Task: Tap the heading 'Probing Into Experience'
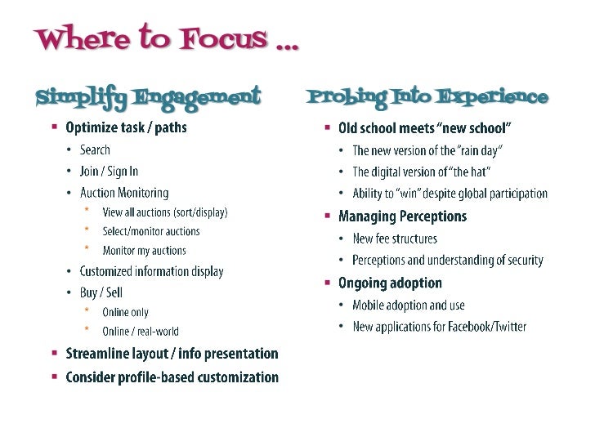[x=427, y=97]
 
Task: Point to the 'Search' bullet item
[x=95, y=149]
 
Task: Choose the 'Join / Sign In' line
[x=109, y=172]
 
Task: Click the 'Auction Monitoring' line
[x=124, y=194]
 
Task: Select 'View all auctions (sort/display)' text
[x=165, y=212]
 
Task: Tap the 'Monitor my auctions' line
[x=144, y=251]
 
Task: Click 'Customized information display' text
[x=151, y=271]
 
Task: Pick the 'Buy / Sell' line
[x=101, y=292]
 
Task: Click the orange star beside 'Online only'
[x=86, y=311]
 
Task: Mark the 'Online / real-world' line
[x=141, y=332]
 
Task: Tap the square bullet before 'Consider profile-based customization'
[x=55, y=377]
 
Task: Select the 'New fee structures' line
[x=395, y=239]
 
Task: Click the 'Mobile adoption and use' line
[x=409, y=306]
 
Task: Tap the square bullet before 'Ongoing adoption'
[x=328, y=283]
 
